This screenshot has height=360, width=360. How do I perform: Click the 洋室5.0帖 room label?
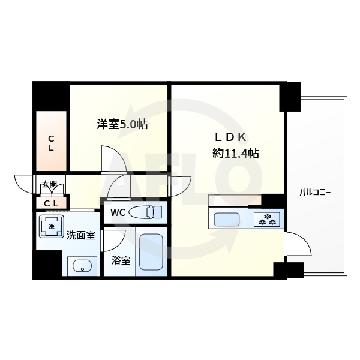tap(122, 125)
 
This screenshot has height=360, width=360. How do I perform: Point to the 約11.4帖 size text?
tap(236, 153)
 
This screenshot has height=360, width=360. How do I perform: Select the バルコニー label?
tap(316, 193)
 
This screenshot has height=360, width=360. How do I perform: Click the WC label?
tap(117, 212)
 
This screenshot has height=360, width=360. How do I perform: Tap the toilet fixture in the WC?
tap(146, 212)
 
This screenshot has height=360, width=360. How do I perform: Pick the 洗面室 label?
tap(81, 235)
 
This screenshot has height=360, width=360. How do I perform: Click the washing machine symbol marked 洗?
tap(51, 227)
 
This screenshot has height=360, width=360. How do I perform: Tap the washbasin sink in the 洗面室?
tap(80, 265)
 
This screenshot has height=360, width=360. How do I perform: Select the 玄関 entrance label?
tap(49, 184)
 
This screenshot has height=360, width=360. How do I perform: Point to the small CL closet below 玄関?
tap(52, 203)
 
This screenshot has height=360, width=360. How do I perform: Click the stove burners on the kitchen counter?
tap(266, 219)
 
